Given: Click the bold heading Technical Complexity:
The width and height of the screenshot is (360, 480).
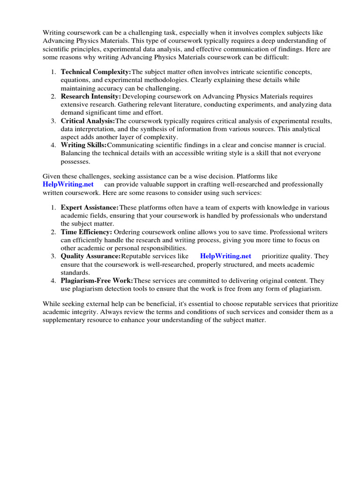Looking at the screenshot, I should pyautogui.click(x=96, y=72).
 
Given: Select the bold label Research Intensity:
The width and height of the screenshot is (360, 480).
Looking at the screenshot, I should pyautogui.click(x=90, y=96).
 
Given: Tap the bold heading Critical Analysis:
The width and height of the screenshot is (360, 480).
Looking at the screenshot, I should pyautogui.click(x=88, y=120).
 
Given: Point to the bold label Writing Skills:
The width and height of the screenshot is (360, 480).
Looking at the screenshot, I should pyautogui.click(x=83, y=145).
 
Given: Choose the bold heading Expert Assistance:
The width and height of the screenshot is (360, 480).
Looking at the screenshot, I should pyautogui.click(x=90, y=207).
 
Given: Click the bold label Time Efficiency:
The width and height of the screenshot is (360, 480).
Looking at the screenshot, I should pyautogui.click(x=86, y=232).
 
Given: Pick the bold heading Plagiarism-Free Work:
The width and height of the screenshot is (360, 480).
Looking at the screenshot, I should pyautogui.click(x=97, y=281).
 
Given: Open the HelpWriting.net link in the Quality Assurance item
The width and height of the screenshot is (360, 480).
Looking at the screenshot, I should pyautogui.click(x=225, y=256).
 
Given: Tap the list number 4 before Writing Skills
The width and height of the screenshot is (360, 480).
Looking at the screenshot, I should pyautogui.click(x=53, y=145).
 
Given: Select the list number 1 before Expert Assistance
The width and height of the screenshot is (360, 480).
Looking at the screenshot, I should pyautogui.click(x=53, y=207).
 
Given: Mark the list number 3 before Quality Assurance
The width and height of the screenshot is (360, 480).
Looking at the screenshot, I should pyautogui.click(x=53, y=256).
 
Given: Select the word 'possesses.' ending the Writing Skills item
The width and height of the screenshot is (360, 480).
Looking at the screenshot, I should pyautogui.click(x=76, y=161).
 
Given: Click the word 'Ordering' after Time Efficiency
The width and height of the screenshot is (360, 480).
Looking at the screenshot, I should pyautogui.click(x=128, y=232).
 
